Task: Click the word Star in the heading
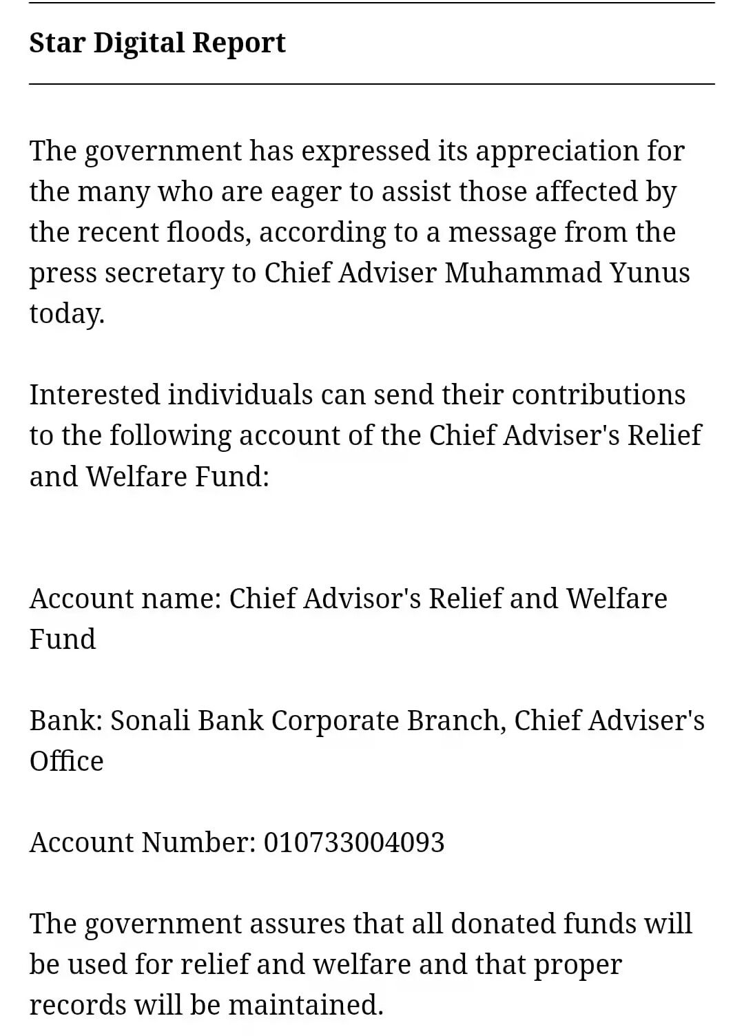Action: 56,43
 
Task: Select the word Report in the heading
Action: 238,43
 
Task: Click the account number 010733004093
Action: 354,842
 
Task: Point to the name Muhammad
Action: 523,273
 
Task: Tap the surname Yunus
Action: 650,273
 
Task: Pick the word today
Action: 67,313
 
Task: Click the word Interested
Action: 94,395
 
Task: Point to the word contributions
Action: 598,395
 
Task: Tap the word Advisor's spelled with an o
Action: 362,599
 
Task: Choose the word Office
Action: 66,761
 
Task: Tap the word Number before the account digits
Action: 198,842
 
